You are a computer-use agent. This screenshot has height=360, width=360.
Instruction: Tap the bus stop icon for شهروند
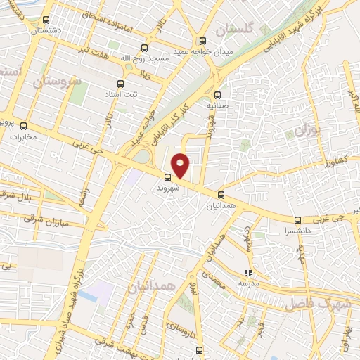168,177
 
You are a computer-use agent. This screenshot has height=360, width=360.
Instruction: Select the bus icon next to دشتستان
46,20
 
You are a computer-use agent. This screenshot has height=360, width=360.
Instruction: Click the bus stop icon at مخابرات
23,125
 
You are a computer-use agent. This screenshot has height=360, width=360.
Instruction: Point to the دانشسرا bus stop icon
298,219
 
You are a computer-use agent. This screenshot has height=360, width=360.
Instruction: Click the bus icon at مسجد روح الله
144,49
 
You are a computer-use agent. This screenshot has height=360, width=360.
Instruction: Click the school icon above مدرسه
247,272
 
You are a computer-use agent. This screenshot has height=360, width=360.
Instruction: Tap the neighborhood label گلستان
234,29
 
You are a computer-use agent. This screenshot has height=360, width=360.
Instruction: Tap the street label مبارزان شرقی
43,219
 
